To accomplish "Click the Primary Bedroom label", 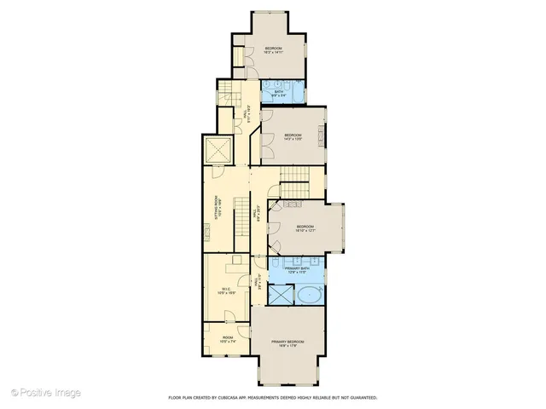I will click(288, 343).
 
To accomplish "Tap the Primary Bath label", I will click(296, 269).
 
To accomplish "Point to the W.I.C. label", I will click(227, 291).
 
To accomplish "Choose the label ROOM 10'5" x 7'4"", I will click(227, 339).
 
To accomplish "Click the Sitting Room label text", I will click(218, 210).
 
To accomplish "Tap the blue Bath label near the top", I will click(278, 92).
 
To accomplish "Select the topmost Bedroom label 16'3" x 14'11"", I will click(273, 49).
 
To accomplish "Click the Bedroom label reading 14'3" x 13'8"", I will click(293, 136).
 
